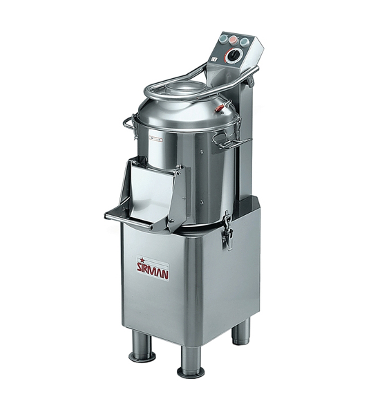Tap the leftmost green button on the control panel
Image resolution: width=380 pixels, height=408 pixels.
click(223, 39)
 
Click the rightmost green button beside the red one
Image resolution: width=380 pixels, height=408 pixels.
click(244, 41)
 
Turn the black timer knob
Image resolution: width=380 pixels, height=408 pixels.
click(231, 56)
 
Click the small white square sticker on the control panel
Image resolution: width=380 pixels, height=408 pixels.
click(212, 59)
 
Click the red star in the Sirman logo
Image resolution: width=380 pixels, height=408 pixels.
click(142, 260)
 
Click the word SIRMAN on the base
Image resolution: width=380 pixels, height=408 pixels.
click(153, 271)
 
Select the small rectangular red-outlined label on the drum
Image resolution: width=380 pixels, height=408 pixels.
click(155, 139)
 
